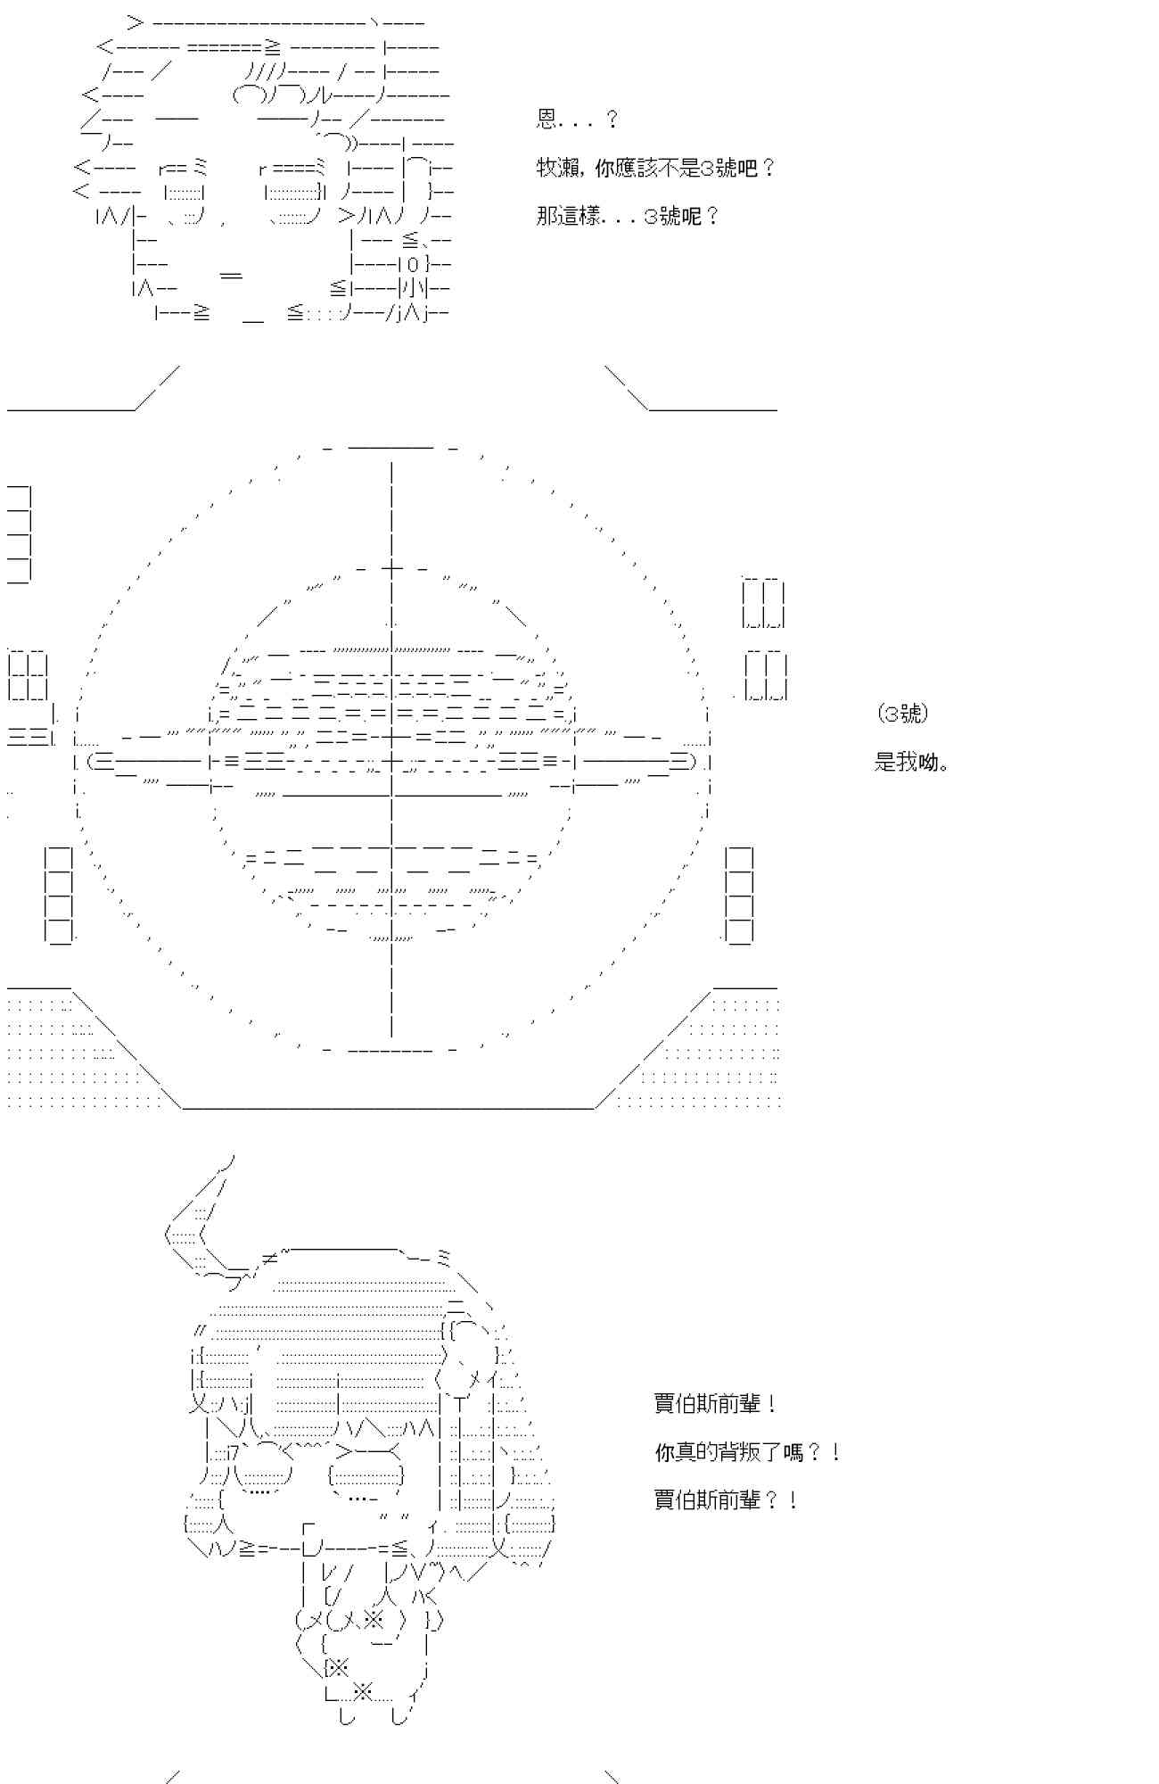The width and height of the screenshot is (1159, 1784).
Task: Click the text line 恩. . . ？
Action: coord(578,120)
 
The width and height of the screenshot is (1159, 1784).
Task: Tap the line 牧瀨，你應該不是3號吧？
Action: coord(656,168)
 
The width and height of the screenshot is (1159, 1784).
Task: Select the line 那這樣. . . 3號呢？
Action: coord(628,216)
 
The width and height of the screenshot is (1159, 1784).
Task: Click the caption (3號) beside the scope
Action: coord(902,714)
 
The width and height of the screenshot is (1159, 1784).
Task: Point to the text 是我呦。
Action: coord(911,762)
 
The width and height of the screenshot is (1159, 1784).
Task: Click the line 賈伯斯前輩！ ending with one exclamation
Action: coord(715,1404)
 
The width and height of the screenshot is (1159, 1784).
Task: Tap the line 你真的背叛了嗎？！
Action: coord(747,1452)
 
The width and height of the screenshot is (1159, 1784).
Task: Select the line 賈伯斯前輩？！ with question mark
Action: coord(726,1500)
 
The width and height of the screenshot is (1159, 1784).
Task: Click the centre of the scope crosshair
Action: coord(391,761)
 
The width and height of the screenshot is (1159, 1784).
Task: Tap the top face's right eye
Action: coord(294,193)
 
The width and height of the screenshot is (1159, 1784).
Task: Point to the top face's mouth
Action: coord(231,277)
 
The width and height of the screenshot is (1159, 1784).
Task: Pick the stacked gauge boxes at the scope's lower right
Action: coord(739,895)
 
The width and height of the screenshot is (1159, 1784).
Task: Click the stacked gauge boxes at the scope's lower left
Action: coord(58,895)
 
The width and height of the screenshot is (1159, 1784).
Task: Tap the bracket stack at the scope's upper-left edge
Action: coord(19,534)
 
